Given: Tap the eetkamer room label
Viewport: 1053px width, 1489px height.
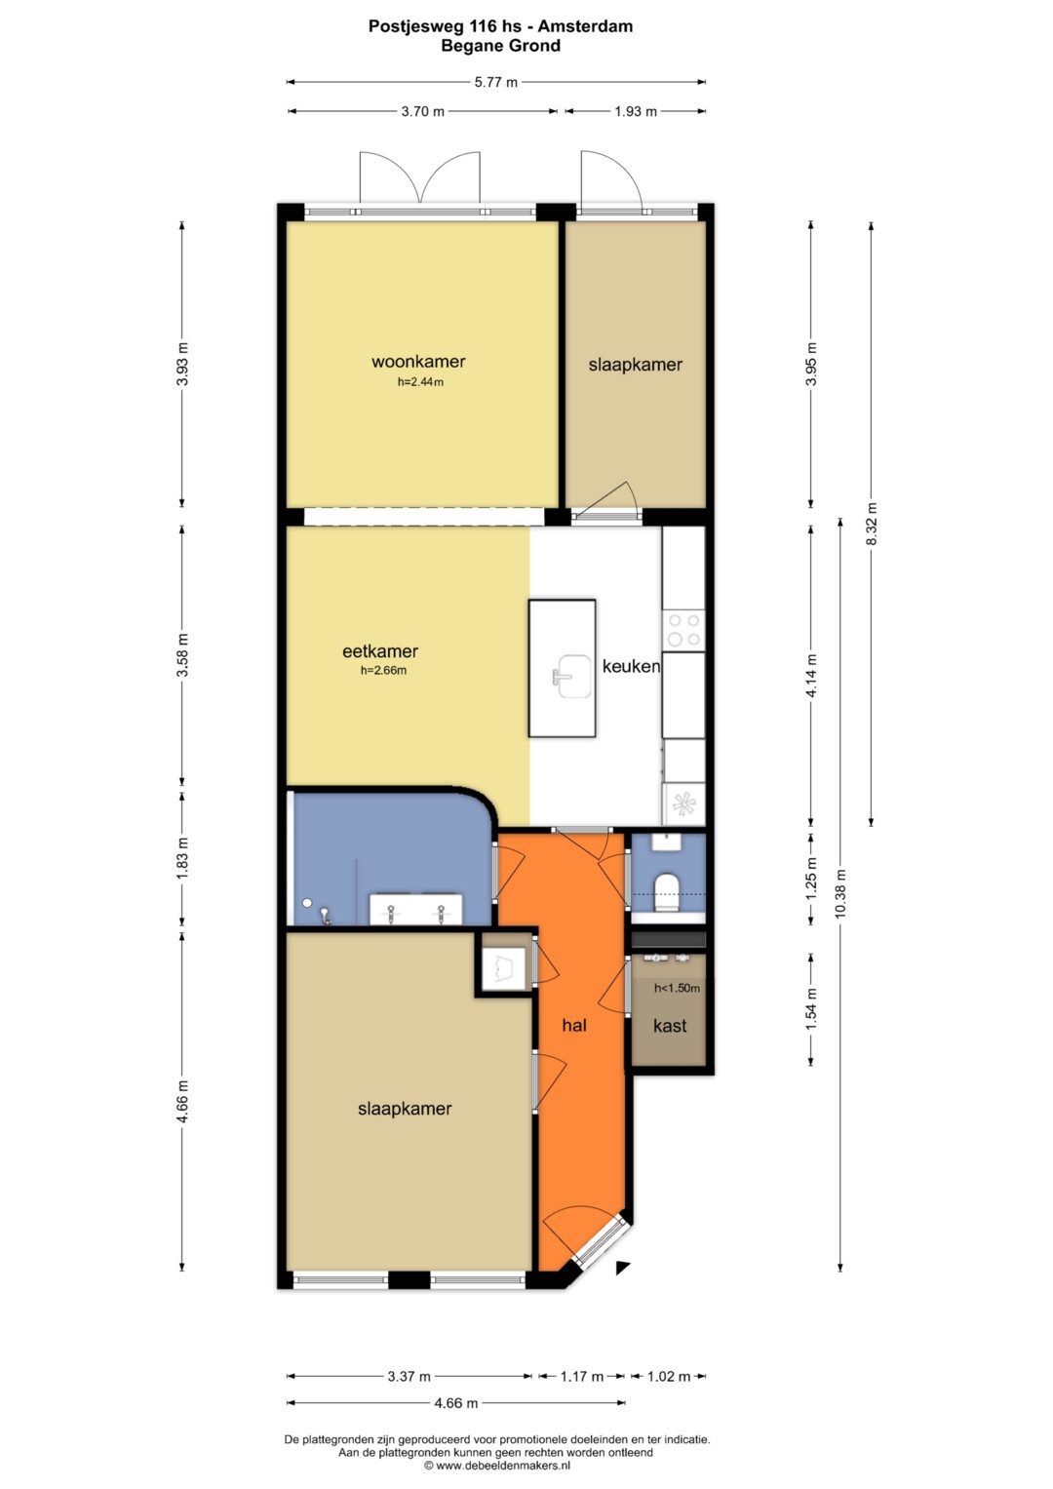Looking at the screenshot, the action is (x=380, y=651).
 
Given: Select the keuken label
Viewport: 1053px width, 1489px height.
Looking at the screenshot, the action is (x=631, y=666).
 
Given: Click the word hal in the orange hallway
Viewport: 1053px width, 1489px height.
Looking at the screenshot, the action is (x=574, y=1025).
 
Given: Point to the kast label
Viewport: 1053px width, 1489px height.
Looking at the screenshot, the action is (x=670, y=1026).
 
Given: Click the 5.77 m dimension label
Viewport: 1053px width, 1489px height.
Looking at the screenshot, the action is (x=496, y=83).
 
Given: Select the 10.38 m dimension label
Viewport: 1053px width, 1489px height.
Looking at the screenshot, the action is (x=840, y=894).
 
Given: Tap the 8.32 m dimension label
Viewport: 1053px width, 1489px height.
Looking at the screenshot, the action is (x=872, y=523).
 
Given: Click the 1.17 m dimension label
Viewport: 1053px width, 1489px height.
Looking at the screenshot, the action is (x=582, y=1376).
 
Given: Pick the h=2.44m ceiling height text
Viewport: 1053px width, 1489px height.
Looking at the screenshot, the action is (x=420, y=382).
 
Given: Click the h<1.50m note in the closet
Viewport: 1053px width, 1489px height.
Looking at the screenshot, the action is (x=677, y=988).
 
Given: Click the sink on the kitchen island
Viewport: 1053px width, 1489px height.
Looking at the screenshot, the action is (x=571, y=677).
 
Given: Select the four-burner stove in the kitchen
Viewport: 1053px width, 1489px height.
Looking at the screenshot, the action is (x=683, y=630).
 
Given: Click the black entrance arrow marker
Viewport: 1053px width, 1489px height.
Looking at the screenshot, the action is (x=622, y=1268).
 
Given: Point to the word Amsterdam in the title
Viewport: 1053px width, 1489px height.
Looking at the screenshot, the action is (x=585, y=26).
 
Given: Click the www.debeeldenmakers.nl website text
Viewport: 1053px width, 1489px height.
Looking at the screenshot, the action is (x=503, y=1465).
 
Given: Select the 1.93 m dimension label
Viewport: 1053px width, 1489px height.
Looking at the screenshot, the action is (x=636, y=112).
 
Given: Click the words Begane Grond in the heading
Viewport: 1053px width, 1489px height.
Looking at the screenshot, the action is (x=500, y=46).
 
